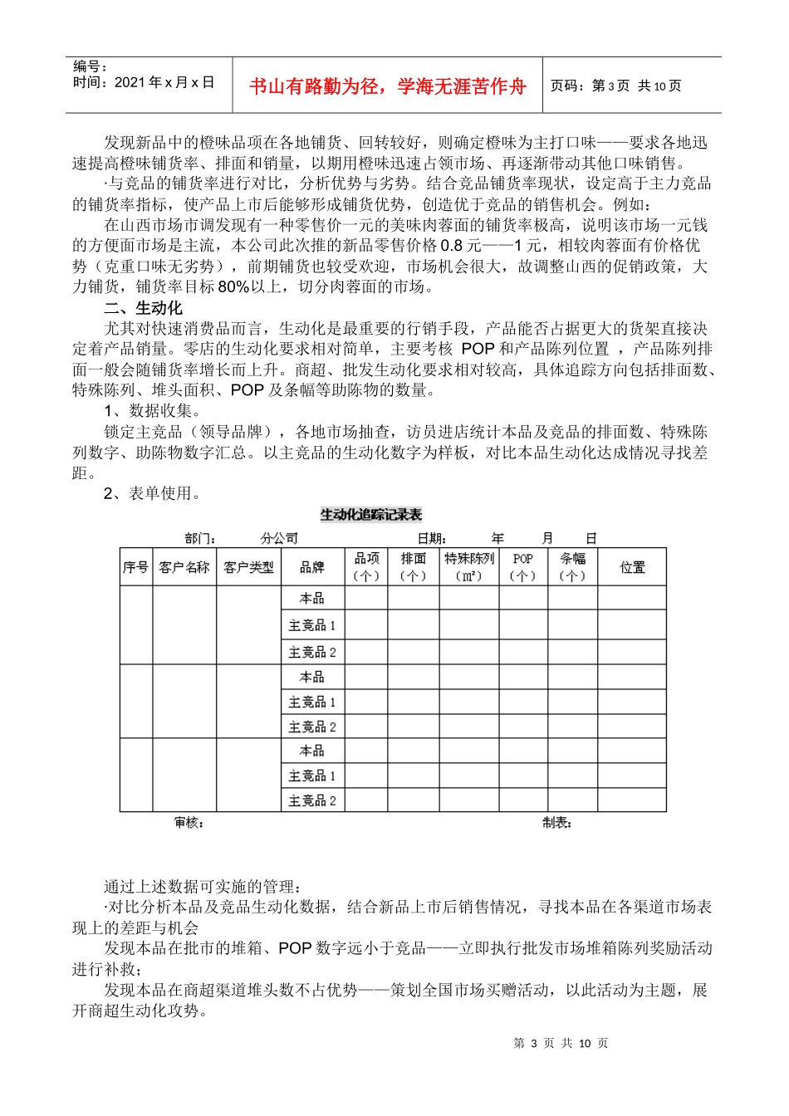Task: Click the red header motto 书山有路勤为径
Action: coord(387,86)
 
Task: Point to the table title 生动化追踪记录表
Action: coord(371,515)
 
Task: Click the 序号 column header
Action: coord(136,567)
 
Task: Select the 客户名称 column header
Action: coord(184,567)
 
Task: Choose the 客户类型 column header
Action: coord(248,567)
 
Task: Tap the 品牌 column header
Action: coord(312,567)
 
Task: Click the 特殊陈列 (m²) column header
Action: coord(469,567)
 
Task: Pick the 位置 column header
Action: coord(632,567)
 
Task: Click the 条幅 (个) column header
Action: coord(572,567)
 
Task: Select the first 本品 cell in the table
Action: coord(312,598)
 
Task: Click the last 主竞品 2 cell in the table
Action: coord(312,800)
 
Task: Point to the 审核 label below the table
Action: coord(189,822)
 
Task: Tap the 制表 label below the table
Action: coord(557,822)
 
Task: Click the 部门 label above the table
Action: coord(200,538)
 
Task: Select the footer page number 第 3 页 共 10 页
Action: coord(561,1043)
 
